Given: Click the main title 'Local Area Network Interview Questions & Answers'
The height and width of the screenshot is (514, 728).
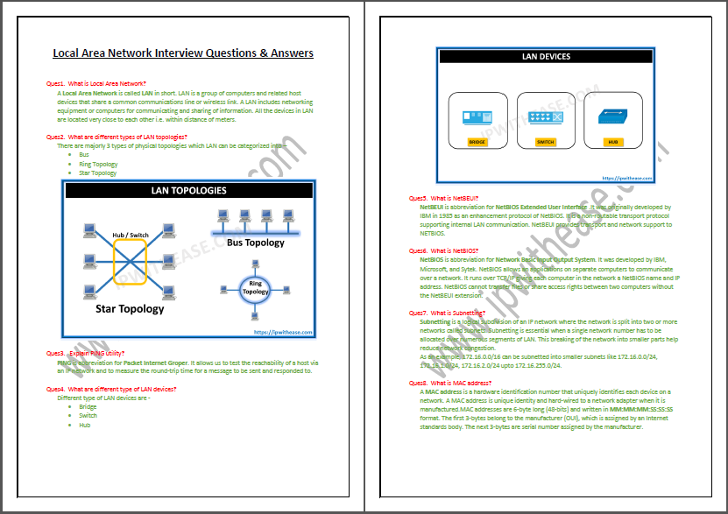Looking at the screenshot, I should tap(183, 53).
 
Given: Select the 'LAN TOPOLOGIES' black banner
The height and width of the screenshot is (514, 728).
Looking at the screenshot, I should tap(188, 190).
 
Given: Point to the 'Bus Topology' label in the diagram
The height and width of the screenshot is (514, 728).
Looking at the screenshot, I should tap(255, 243).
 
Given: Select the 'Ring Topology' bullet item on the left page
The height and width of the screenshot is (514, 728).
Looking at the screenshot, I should tap(97, 164).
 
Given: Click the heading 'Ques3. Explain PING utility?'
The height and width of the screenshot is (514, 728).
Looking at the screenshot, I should tap(91, 353).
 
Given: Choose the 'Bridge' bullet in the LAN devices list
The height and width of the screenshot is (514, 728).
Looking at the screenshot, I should tap(88, 406).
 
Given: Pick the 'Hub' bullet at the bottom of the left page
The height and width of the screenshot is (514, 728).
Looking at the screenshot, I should tap(84, 425).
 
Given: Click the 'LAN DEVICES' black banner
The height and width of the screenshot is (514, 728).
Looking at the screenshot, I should tap(546, 57).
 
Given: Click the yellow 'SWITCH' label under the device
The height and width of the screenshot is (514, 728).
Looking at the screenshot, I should tap(545, 141).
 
